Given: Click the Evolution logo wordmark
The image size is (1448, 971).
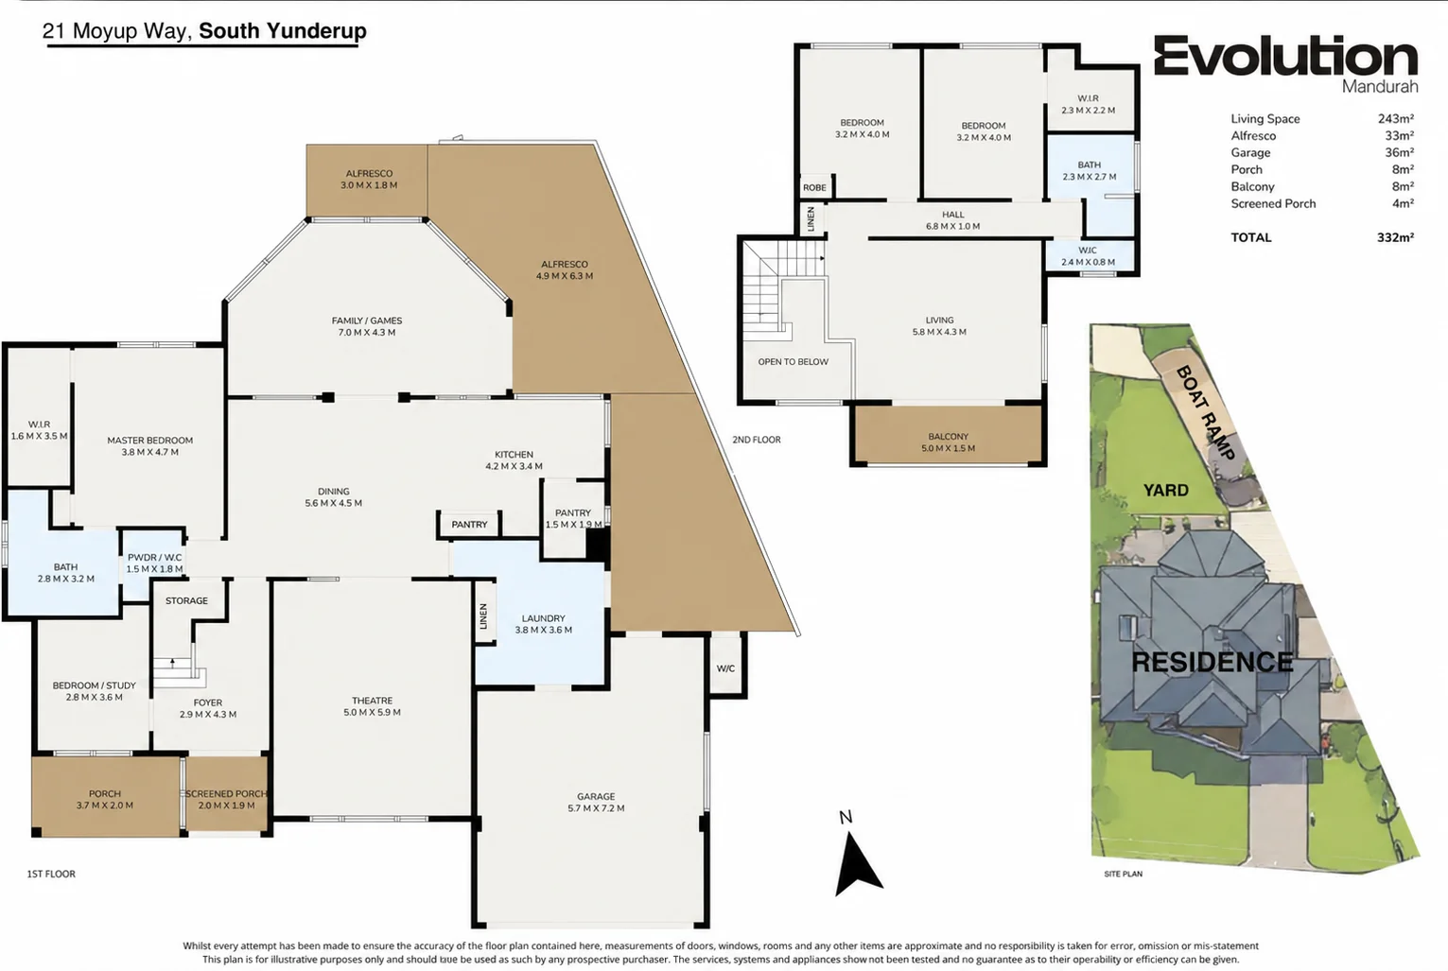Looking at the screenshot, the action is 1285,56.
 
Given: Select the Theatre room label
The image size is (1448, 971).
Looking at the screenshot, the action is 373,701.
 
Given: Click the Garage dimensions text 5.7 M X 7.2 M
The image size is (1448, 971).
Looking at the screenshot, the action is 596,808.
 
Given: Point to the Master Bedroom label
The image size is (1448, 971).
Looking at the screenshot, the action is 150,441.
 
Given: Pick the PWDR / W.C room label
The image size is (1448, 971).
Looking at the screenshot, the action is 154,558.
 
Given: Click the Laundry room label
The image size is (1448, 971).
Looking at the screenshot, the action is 544,618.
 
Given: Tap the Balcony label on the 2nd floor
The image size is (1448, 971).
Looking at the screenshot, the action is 949,437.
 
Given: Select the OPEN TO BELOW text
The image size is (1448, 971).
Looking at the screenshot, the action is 794,362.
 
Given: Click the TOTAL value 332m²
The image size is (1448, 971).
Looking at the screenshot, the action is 1395,237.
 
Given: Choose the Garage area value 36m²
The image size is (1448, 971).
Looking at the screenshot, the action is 1399,153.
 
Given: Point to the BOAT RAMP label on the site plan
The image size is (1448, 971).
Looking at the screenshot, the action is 1206,413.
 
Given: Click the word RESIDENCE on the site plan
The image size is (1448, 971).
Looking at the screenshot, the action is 1212,662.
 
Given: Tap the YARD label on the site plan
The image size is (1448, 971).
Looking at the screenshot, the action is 1165,491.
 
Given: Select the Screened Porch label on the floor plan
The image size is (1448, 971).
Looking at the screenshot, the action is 226,794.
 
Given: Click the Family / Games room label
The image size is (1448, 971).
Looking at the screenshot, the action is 367,321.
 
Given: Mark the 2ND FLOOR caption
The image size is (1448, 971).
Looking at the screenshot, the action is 757,440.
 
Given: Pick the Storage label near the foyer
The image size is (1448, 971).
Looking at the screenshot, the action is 187,600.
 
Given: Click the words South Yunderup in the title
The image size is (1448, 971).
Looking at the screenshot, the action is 283,31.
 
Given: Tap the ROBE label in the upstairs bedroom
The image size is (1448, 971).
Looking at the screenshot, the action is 814,188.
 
